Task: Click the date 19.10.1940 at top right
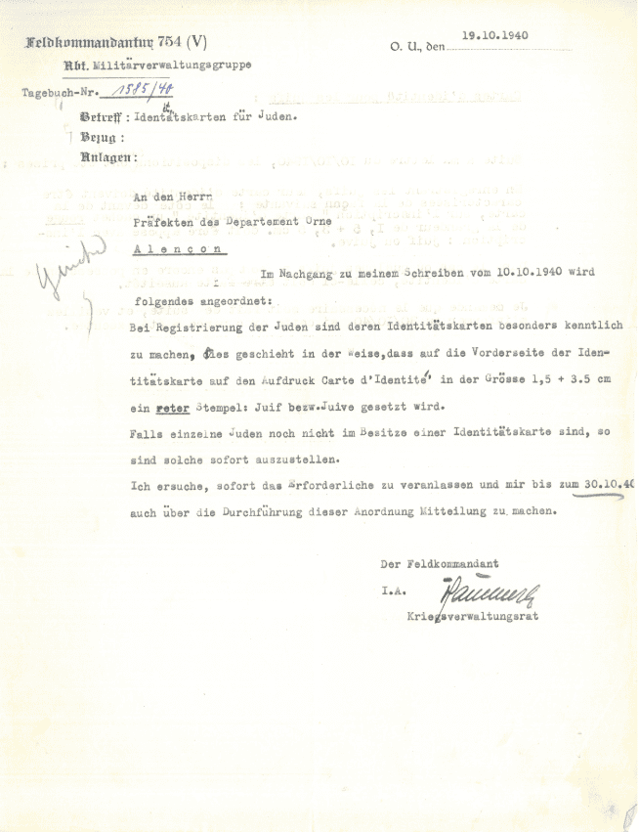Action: click(495, 34)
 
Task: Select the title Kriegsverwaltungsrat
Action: click(472, 617)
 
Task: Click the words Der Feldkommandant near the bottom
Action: click(440, 564)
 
